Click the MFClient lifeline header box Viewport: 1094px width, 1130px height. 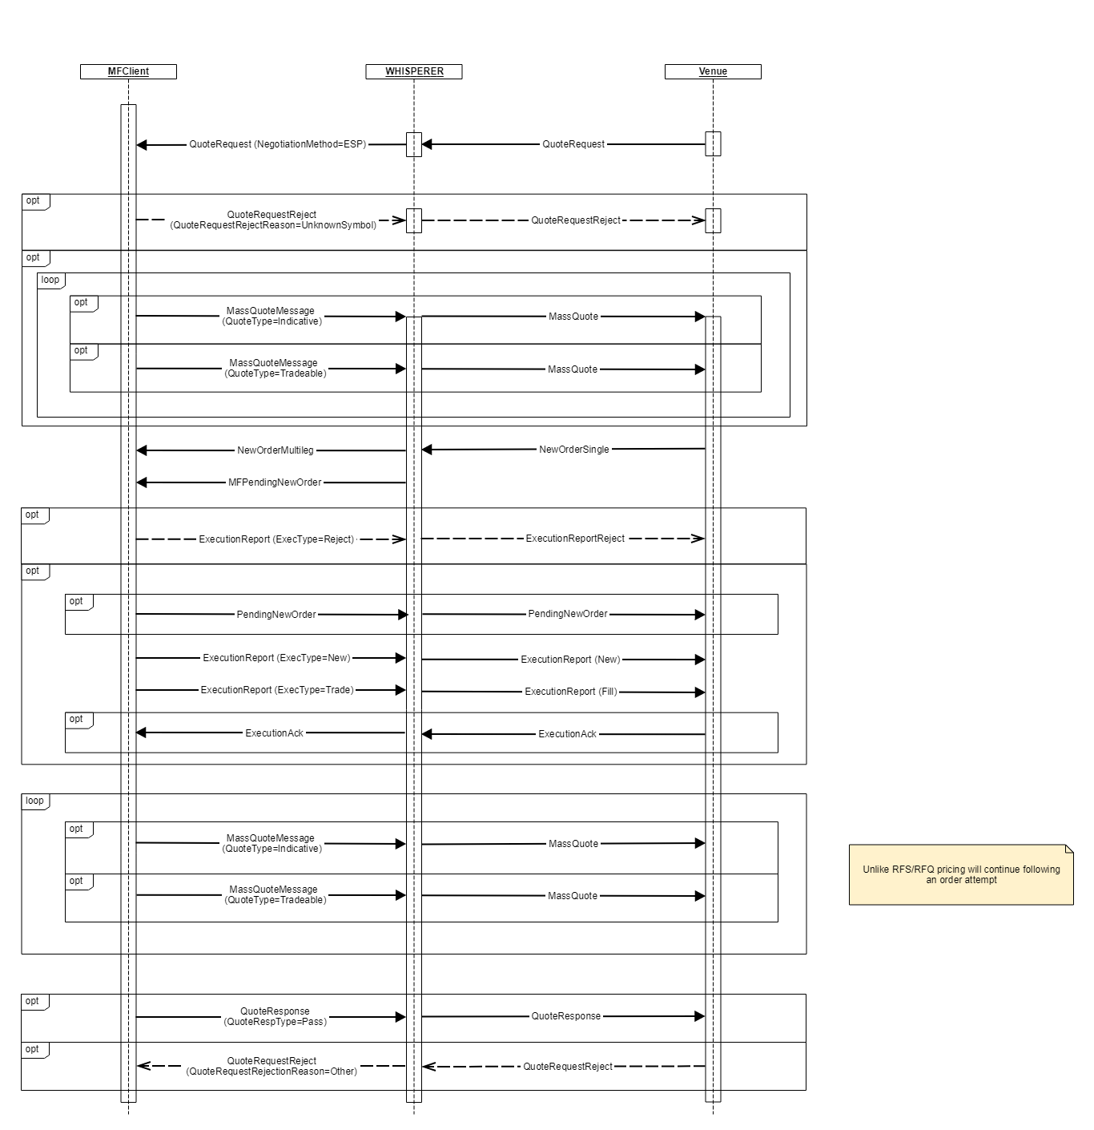(x=128, y=71)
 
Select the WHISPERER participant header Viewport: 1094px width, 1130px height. (x=414, y=71)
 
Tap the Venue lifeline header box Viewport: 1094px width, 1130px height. (x=713, y=71)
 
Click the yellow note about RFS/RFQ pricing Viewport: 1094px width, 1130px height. (x=961, y=874)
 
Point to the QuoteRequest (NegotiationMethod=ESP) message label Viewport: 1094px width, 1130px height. (x=277, y=144)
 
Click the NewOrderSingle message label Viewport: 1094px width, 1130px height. (x=574, y=450)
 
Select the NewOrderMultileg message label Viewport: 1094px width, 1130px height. (x=275, y=450)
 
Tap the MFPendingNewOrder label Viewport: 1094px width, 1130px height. (x=275, y=482)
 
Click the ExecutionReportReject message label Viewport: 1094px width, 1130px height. (x=575, y=539)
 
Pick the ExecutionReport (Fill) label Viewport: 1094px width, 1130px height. (x=571, y=692)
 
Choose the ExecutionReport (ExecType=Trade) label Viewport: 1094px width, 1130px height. (x=277, y=690)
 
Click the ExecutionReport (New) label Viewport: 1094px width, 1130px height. (x=570, y=660)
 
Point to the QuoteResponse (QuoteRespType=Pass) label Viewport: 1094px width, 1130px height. (x=275, y=1016)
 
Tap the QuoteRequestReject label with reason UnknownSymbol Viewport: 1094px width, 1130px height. (x=273, y=220)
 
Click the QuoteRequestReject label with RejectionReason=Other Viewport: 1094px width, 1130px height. (x=271, y=1066)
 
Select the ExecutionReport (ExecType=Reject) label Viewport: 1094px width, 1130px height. (x=276, y=539)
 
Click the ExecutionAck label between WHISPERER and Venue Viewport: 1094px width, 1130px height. (x=567, y=734)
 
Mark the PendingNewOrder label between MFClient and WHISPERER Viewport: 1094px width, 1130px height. (x=276, y=615)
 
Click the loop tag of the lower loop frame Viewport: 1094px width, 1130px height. (x=34, y=801)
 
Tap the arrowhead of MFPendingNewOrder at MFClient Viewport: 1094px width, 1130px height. (x=142, y=482)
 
